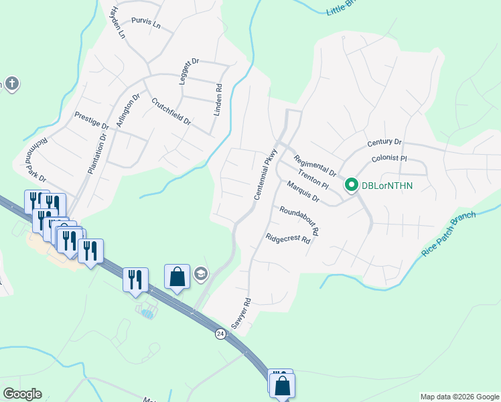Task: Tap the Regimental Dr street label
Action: coord(314,165)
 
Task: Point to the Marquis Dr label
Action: coord(303,192)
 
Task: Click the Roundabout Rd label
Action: coord(299,220)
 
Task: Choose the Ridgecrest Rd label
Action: coord(288,239)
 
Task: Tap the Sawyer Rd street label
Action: coord(240,313)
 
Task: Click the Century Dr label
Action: coord(384,143)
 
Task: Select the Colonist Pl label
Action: coord(389,159)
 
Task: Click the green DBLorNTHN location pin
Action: coord(350,185)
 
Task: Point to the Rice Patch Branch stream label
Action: coord(448,234)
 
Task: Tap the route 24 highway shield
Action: coord(220,333)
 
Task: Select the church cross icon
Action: coord(11,84)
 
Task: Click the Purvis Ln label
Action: coord(146,24)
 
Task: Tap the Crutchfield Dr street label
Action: coord(171,112)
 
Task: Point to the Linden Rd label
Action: coord(217,100)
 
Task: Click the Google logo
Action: coord(22,393)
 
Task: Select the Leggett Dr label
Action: coord(190,70)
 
